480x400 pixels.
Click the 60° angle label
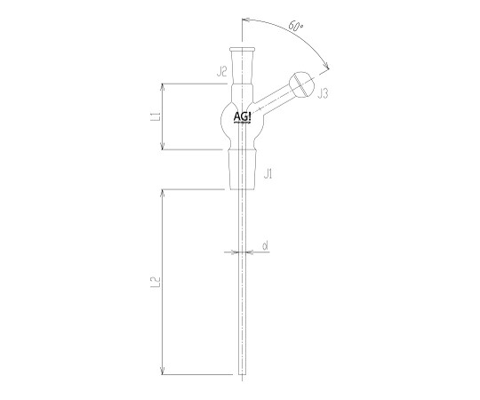(x=296, y=27)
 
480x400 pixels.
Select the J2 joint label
(x=221, y=72)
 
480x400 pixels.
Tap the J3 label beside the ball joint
(x=323, y=93)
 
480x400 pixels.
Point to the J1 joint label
(x=268, y=175)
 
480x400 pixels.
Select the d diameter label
(x=266, y=245)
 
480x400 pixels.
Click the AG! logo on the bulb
(x=242, y=117)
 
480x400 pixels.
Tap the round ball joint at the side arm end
(x=302, y=84)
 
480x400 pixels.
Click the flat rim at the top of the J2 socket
(x=242, y=49)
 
